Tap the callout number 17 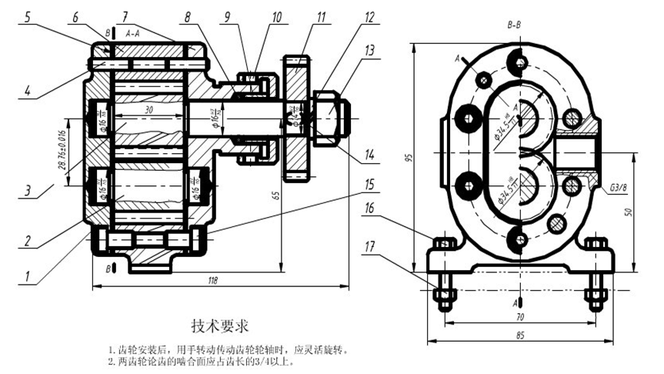(x=371, y=246)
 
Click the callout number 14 (x=370, y=155)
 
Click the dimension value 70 (x=520, y=316)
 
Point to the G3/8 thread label (x=618, y=188)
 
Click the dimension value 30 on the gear (x=148, y=110)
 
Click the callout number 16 (x=371, y=208)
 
